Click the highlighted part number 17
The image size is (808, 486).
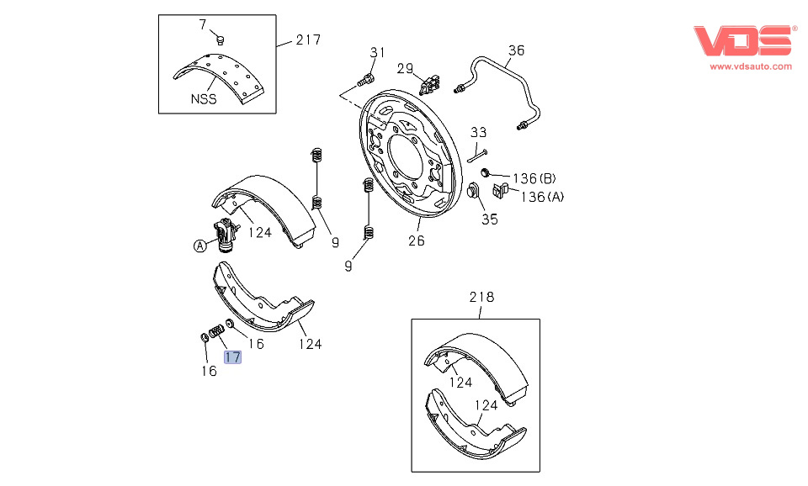pos(233,357)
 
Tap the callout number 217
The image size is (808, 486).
pos(307,40)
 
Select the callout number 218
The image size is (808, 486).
pos(481,297)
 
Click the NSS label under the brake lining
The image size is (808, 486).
pos(203,98)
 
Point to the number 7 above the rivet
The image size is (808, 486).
pos(202,25)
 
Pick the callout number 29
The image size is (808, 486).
pos(406,68)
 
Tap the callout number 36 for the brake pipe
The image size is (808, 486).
pos(516,50)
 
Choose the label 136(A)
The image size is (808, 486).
pos(543,197)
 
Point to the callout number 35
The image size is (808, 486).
pos(489,219)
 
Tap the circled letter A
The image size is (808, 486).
pos(199,246)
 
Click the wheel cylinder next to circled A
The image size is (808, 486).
pos(225,235)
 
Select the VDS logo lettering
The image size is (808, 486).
pos(742,41)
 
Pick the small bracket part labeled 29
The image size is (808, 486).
pos(432,83)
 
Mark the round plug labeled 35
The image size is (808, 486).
pos(473,192)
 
